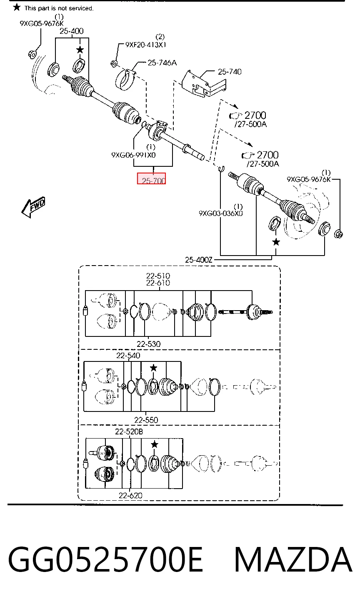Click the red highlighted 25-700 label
point(151,178)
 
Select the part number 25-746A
point(162,63)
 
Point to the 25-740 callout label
point(230,72)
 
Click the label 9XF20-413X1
point(145,45)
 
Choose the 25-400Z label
point(199,260)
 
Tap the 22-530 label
point(148,344)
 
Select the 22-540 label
point(128,355)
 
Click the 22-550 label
point(146,420)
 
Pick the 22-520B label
point(129,431)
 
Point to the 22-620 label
point(130,495)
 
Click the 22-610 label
point(158,283)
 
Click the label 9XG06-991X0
point(134,155)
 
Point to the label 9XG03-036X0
point(221,213)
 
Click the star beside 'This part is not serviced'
point(17,8)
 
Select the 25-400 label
point(72,31)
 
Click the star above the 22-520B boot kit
point(155,444)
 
